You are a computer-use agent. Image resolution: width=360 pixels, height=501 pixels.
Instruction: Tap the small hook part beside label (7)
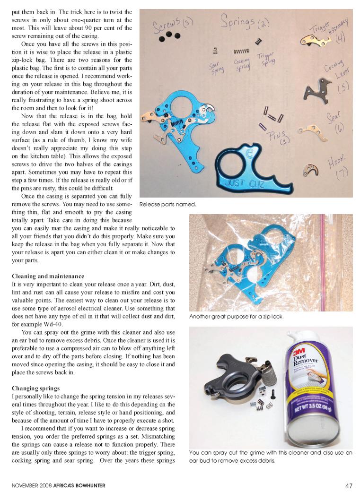pyautogui.click(x=310, y=170)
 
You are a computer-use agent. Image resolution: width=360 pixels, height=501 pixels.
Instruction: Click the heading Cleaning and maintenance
pyautogui.click(x=48, y=276)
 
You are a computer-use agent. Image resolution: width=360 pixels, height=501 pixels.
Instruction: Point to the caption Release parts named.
pyautogui.click(x=167, y=205)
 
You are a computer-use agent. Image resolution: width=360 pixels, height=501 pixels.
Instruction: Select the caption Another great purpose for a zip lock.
pyautogui.click(x=236, y=316)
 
